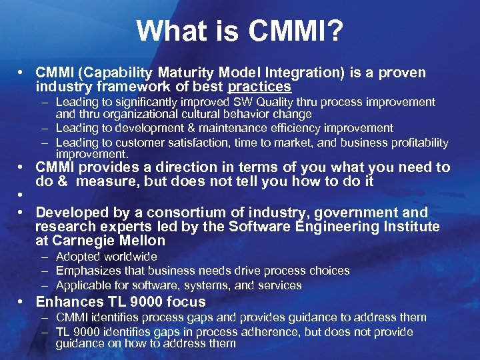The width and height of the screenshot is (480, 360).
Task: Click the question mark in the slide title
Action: [335, 31]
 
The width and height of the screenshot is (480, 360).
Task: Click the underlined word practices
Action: [259, 87]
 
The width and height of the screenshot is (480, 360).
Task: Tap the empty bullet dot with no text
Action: [22, 196]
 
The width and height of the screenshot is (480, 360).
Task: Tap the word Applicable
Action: [82, 285]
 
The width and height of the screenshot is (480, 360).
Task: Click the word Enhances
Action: [67, 301]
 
